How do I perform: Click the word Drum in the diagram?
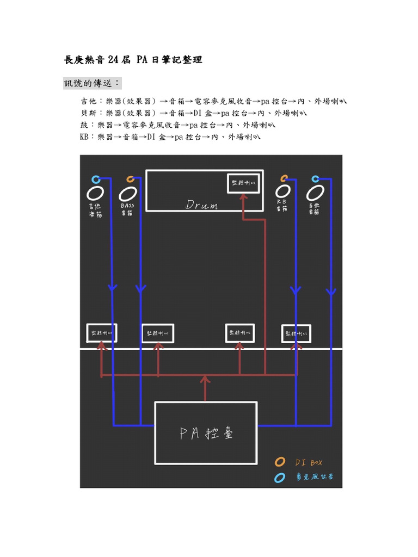point(202,205)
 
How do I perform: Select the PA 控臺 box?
point(206,433)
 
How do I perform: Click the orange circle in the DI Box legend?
point(280,462)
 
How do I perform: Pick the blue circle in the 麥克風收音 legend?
point(280,478)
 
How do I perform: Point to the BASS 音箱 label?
point(127,209)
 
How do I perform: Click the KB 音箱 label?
point(281,206)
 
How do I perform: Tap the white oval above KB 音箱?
point(282,191)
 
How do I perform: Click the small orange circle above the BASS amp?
point(130,179)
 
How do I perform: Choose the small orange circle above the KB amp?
point(284,178)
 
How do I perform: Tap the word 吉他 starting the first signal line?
point(87,101)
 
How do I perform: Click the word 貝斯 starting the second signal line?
point(87,113)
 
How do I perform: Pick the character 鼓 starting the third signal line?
point(84,125)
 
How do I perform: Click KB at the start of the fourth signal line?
point(84,137)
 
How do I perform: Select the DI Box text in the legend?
point(309,462)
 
